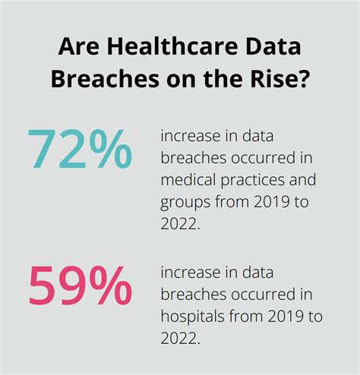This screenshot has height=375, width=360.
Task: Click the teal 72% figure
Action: click(79, 151)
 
